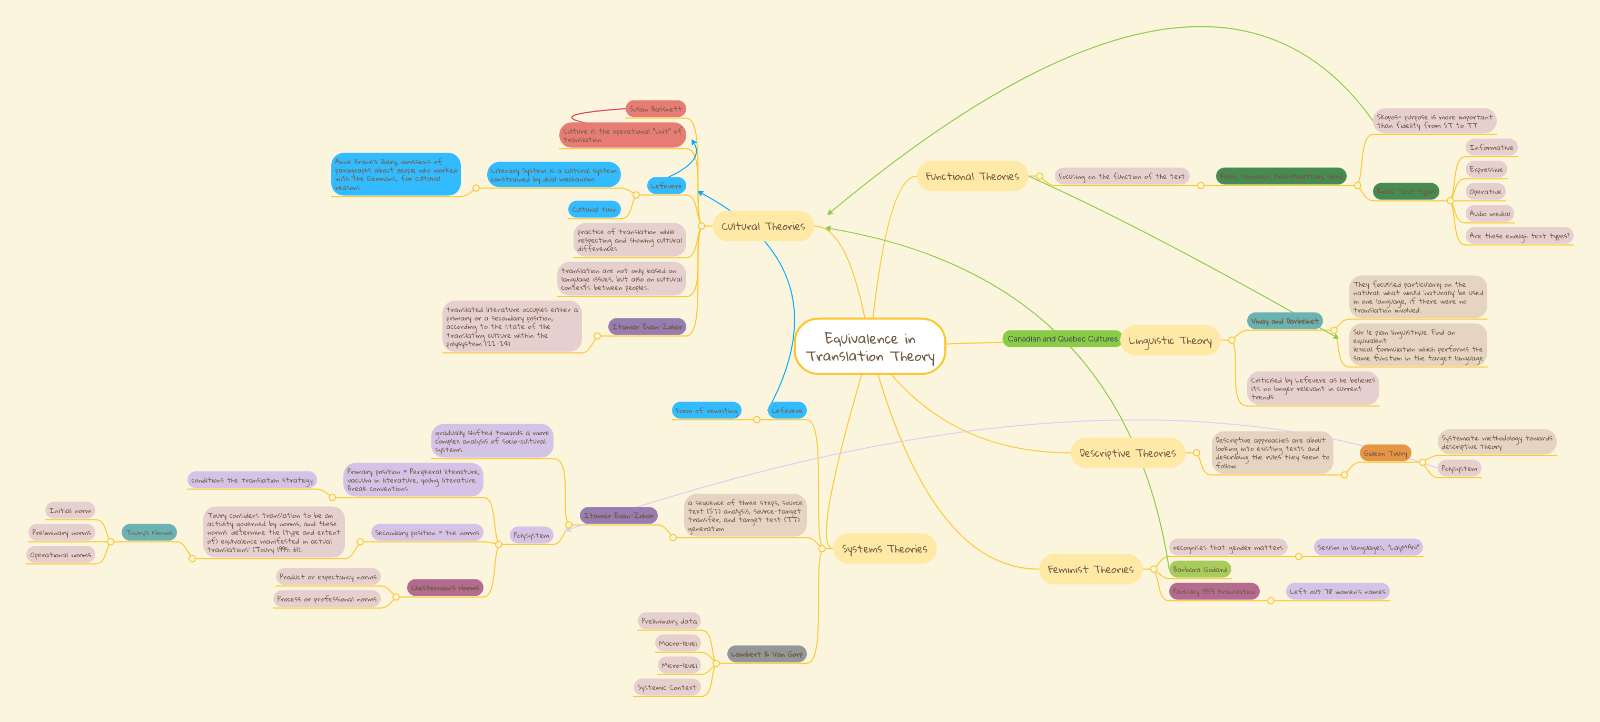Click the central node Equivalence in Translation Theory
click(870, 346)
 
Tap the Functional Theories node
click(972, 176)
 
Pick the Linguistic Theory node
click(1170, 340)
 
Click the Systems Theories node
click(884, 549)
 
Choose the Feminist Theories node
click(1090, 569)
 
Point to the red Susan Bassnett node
click(655, 108)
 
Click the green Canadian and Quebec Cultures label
click(1062, 339)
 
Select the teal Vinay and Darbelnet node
click(1285, 321)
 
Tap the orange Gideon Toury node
click(1385, 453)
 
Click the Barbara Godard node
click(1199, 569)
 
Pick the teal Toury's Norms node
click(149, 533)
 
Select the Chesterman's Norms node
click(445, 587)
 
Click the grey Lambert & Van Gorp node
click(766, 654)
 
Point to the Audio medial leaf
click(1489, 214)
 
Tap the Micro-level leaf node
click(679, 665)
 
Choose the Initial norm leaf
click(70, 510)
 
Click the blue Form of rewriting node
click(706, 410)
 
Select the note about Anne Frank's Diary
click(396, 174)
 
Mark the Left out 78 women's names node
click(1337, 591)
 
